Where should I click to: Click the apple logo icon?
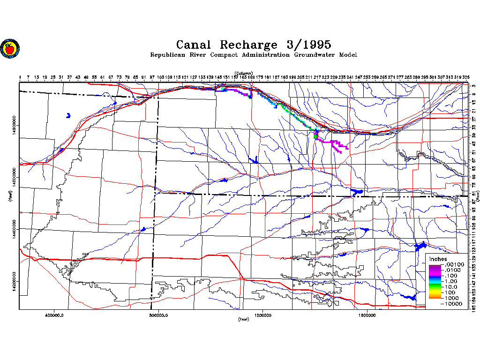click(10, 48)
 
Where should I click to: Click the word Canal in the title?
click(194, 45)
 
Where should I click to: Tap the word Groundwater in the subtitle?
click(314, 55)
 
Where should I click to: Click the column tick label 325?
click(466, 76)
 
